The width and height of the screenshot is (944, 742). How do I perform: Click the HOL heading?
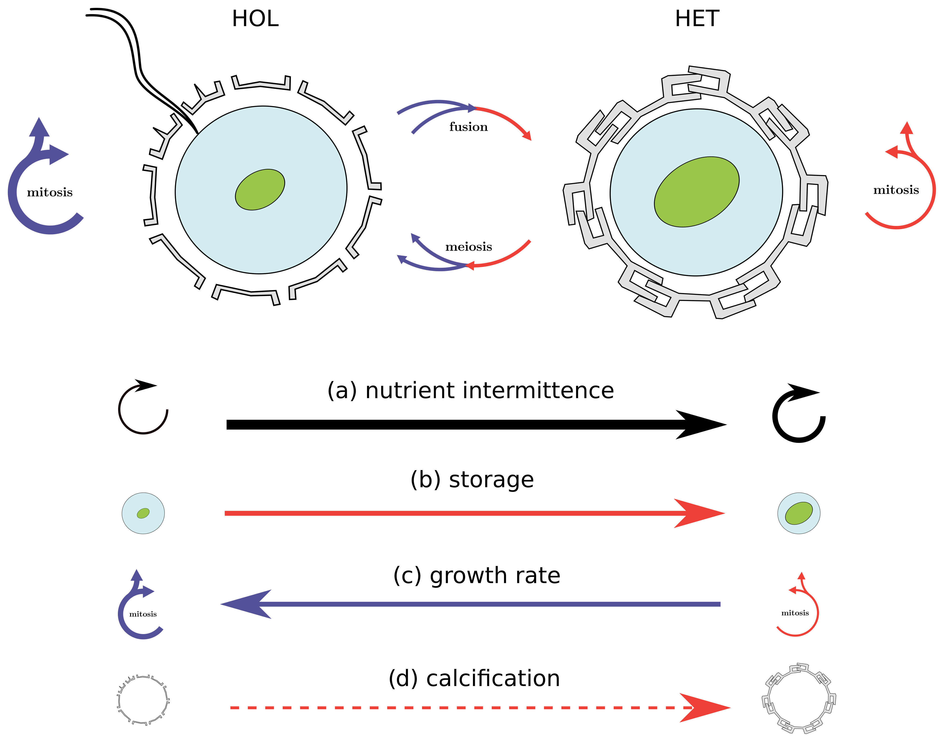click(255, 19)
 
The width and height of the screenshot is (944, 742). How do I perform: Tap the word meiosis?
click(468, 247)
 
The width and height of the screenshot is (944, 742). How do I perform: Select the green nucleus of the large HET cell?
click(696, 192)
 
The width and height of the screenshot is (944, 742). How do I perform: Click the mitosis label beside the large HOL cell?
click(50, 192)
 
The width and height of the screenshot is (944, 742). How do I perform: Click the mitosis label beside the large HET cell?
click(896, 190)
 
